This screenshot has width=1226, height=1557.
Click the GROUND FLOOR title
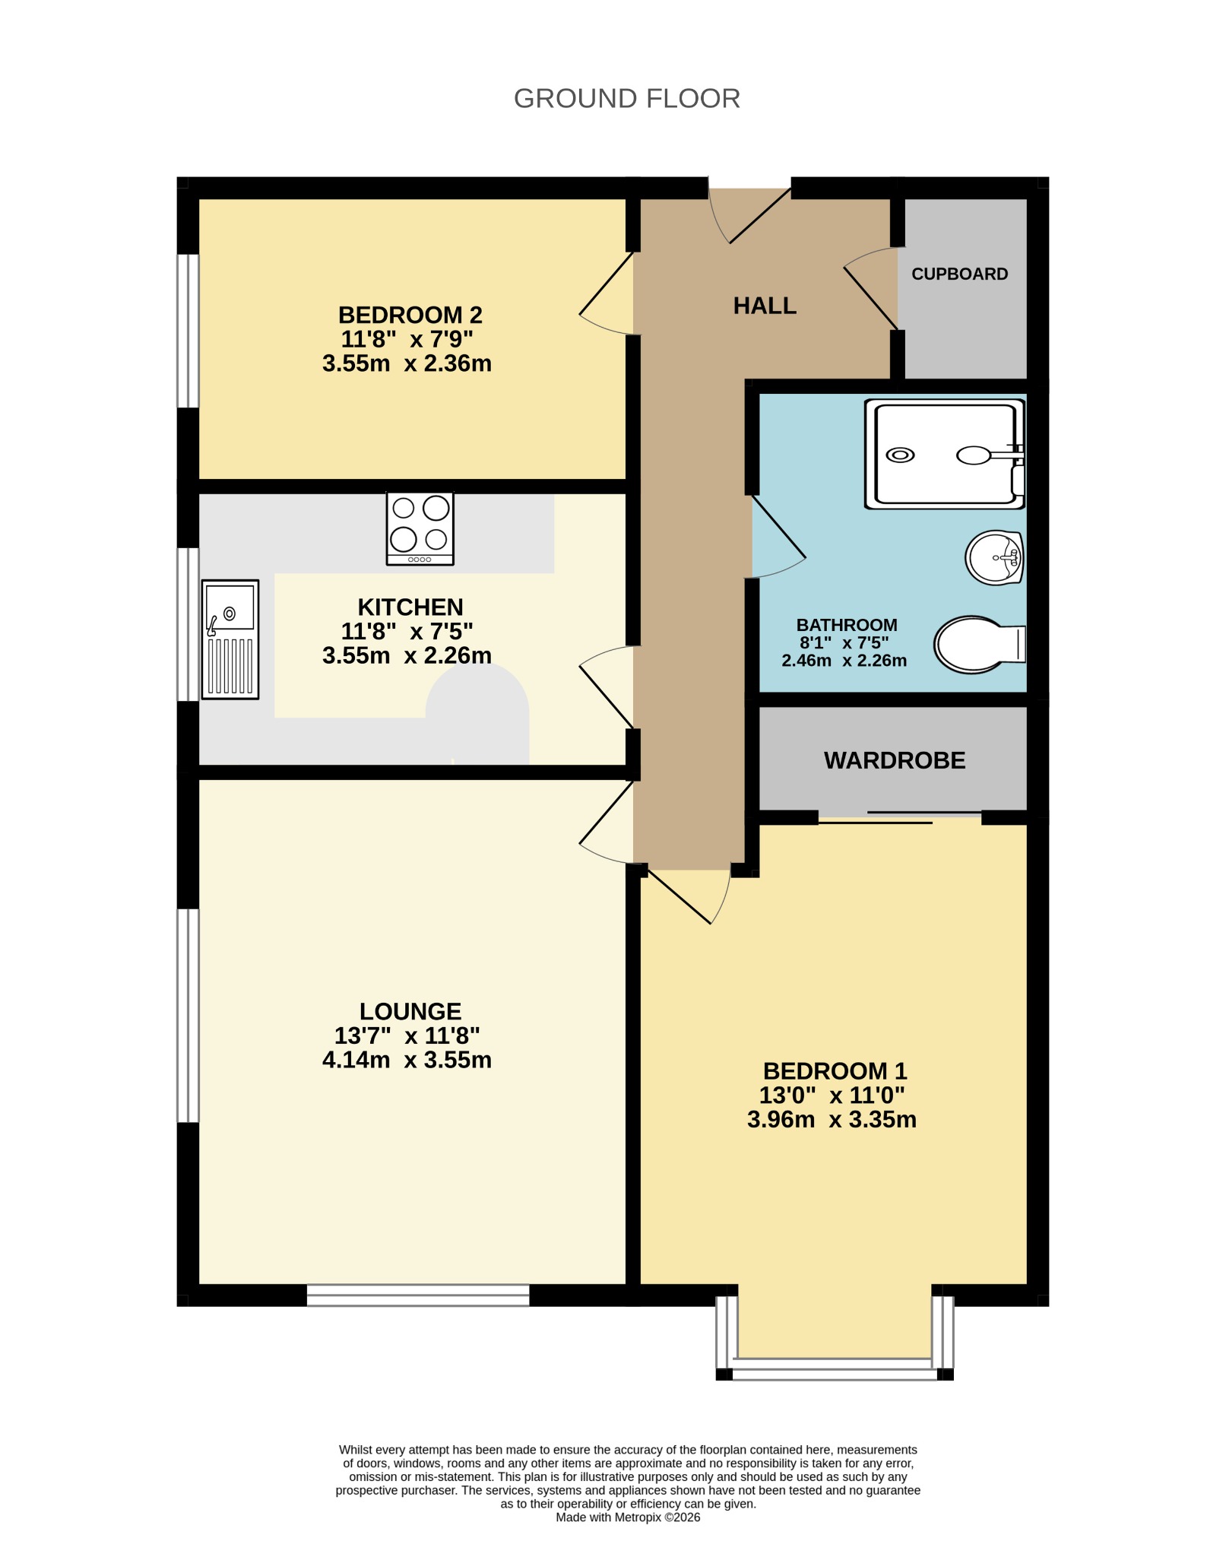click(x=627, y=99)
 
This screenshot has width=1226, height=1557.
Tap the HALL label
click(x=765, y=306)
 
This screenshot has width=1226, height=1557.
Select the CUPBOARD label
click(x=959, y=274)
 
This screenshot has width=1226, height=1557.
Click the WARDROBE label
click(x=895, y=760)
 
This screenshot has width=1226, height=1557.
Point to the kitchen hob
click(x=420, y=528)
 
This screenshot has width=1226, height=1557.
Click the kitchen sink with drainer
click(x=230, y=639)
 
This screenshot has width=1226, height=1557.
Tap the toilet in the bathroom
click(x=980, y=645)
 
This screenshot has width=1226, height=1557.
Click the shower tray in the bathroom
click(x=945, y=454)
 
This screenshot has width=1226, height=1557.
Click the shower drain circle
click(x=901, y=455)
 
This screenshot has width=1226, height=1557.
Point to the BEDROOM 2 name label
click(x=410, y=315)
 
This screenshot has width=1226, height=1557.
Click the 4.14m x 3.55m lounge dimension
click(x=407, y=1060)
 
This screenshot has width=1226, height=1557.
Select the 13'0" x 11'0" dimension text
click(x=832, y=1096)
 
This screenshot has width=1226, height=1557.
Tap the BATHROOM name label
click(x=847, y=625)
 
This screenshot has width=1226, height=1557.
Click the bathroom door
click(x=778, y=537)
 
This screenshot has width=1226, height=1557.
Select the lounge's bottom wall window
click(x=418, y=1295)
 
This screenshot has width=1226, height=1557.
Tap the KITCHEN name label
click(x=410, y=607)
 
